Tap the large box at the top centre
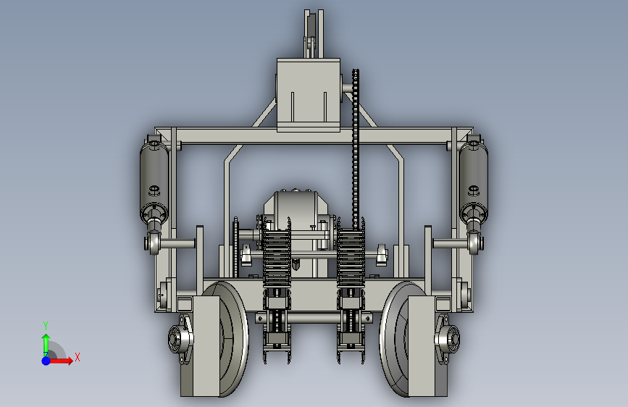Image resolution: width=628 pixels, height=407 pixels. (309, 95)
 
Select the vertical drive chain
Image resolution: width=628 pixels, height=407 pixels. (355, 148)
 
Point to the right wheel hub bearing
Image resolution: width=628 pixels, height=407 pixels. (448, 339)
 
